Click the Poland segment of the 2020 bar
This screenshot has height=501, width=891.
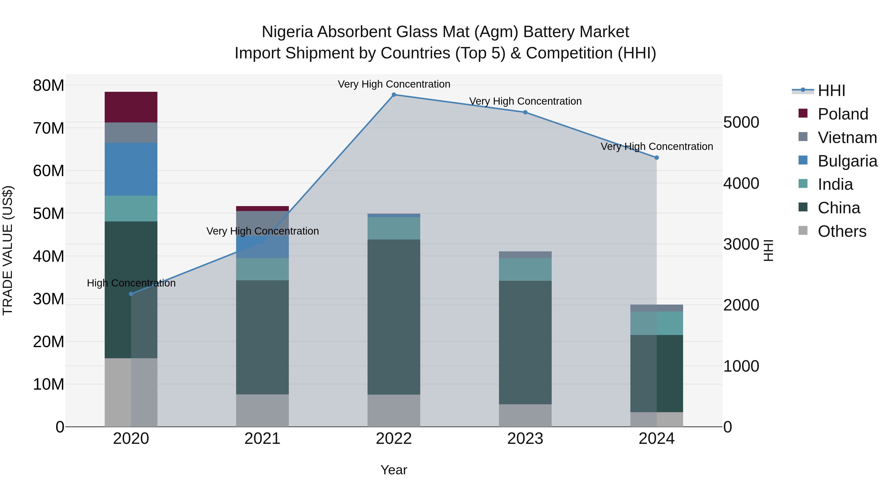click(131, 107)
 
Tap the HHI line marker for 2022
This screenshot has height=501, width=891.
click(394, 95)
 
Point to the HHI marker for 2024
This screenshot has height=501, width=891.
click(656, 158)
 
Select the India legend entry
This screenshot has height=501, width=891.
click(835, 184)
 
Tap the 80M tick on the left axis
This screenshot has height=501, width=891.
click(49, 85)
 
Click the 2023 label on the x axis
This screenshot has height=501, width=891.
click(525, 439)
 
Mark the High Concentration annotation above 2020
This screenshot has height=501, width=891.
click(131, 283)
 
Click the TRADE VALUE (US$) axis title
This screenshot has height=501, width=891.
click(8, 250)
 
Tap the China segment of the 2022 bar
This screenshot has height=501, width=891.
click(394, 316)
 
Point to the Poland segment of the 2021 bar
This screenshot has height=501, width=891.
click(262, 209)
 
